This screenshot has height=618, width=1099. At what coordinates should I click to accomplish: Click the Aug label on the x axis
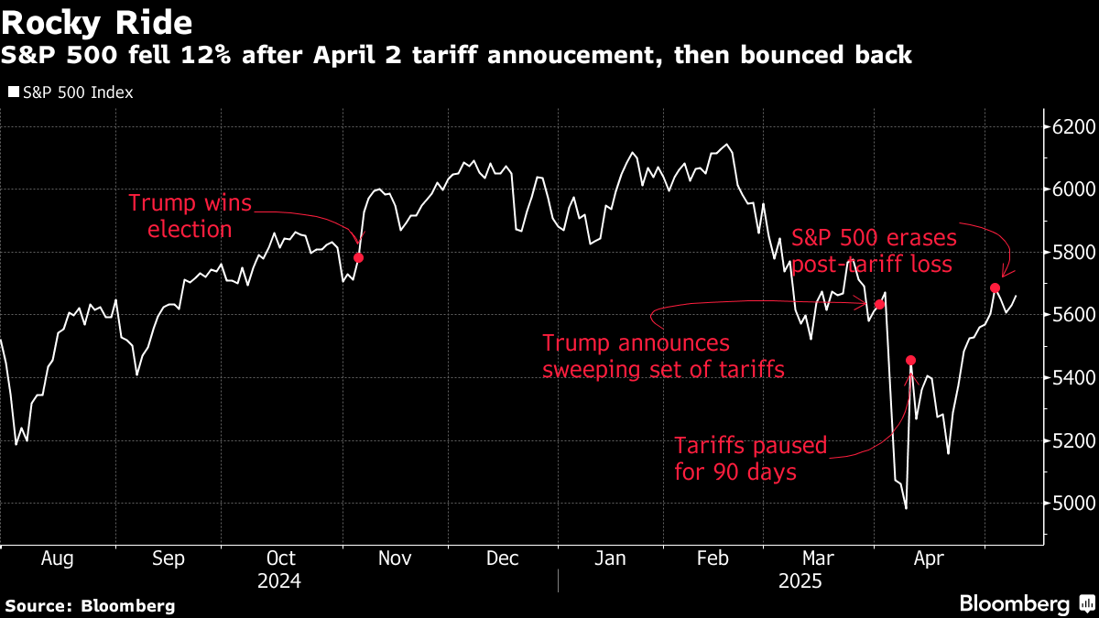57,558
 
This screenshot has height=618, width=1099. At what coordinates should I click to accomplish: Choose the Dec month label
503,558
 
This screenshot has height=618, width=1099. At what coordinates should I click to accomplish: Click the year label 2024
280,581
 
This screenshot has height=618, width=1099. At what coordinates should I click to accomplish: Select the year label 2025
800,581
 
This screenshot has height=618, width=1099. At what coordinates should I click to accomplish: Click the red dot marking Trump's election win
358,257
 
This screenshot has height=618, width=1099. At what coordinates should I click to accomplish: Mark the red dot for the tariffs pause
910,360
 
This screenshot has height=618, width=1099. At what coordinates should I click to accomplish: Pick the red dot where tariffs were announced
879,304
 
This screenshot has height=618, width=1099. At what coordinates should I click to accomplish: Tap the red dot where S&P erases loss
995,287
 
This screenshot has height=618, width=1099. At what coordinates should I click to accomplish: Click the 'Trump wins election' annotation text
189,216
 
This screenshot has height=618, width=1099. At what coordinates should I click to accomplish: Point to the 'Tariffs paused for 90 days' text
750,460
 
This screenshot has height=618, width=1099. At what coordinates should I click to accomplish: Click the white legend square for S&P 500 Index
13,92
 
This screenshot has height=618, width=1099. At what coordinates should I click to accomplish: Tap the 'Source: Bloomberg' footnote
90,605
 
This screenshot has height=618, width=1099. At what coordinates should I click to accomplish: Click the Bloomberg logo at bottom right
1025,603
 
